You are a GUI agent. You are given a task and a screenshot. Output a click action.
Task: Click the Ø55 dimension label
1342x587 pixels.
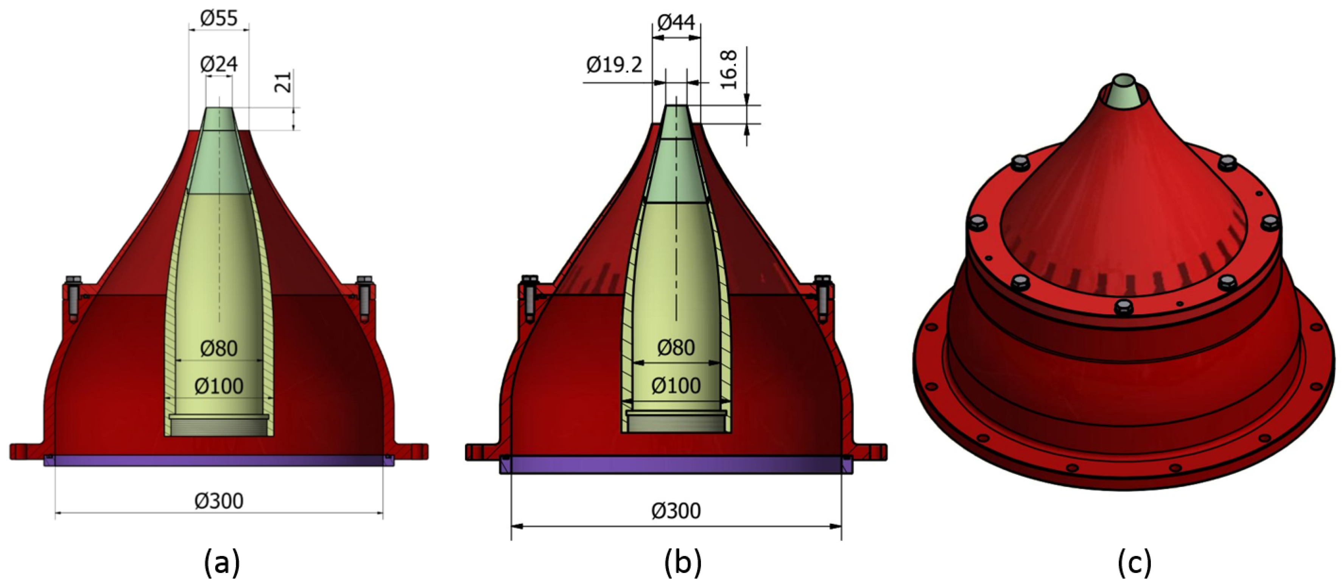pyautogui.click(x=219, y=19)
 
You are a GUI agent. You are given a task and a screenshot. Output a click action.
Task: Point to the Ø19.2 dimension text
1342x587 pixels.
pyautogui.click(x=614, y=65)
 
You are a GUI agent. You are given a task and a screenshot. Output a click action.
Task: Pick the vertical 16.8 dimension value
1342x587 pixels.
pyautogui.click(x=729, y=69)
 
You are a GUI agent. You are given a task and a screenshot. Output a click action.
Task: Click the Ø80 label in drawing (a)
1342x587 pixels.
pyautogui.click(x=219, y=348)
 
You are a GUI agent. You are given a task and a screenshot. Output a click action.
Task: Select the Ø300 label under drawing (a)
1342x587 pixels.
pyautogui.click(x=219, y=501)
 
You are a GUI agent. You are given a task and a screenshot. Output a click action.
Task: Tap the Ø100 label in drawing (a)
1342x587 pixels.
pyautogui.click(x=219, y=386)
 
